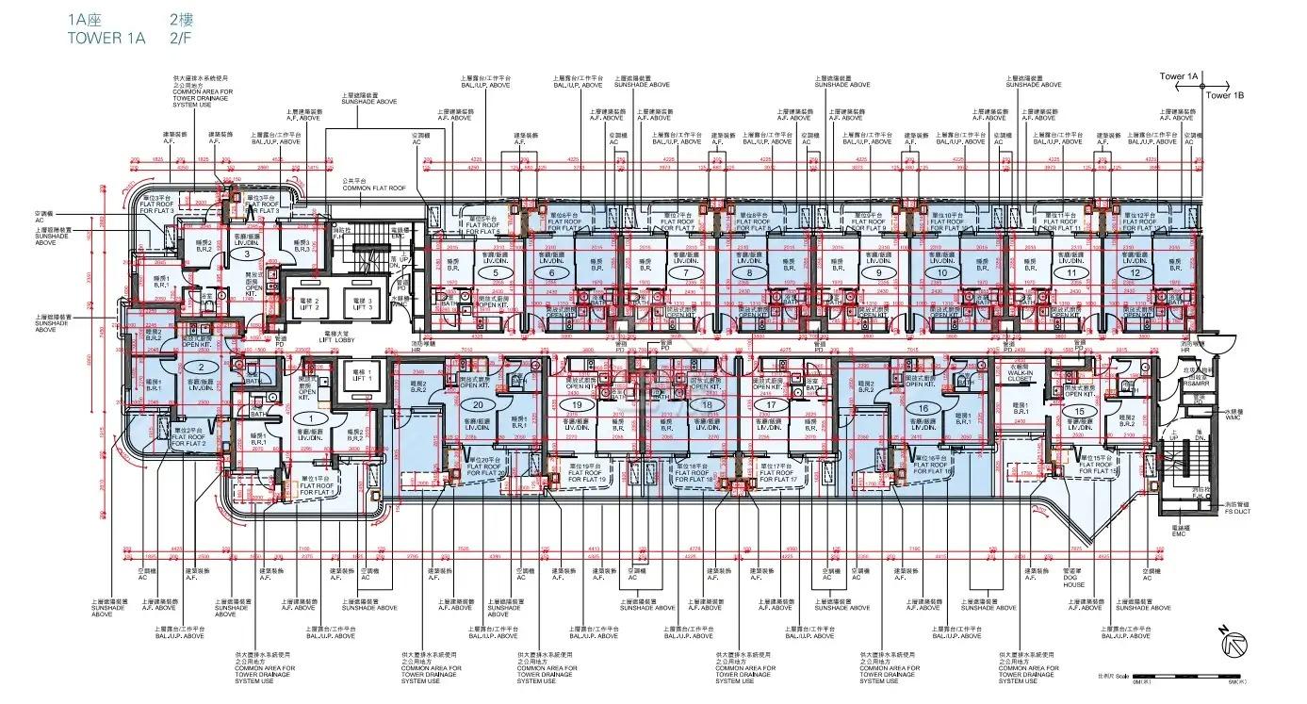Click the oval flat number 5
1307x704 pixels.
pos(494,273)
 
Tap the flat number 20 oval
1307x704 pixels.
pos(478,404)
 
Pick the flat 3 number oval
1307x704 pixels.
pos(247,254)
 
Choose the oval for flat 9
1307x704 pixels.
pos(878,273)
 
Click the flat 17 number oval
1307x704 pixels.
pos(772,404)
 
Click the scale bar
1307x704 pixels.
pos(1215,680)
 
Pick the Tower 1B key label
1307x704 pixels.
pos(1225,95)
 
